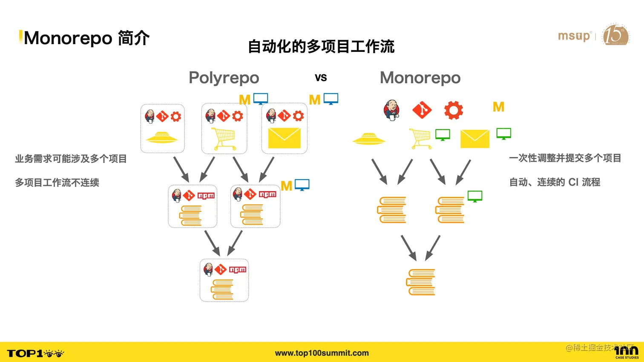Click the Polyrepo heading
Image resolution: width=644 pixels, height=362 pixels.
coord(224,78)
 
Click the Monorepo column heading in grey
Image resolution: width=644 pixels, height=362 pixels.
coord(420,78)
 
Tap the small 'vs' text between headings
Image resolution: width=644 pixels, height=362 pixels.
coord(321,78)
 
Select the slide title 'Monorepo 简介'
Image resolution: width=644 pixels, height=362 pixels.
coord(86,38)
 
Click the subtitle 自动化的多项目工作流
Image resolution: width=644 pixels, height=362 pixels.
coord(321,46)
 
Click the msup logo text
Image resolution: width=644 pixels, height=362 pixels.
coord(574,36)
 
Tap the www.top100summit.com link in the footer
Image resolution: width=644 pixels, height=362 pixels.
coord(322,353)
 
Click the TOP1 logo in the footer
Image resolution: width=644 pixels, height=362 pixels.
coord(35,353)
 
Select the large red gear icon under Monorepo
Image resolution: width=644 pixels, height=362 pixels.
coord(453,110)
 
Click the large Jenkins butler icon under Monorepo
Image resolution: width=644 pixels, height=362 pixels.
coord(392,110)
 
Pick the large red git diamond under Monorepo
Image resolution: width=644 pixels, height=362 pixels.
coord(422,110)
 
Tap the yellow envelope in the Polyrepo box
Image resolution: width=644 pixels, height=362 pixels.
coord(284,138)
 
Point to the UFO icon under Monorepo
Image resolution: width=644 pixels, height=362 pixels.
coord(369,139)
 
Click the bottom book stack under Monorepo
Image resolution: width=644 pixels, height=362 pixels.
coord(421,282)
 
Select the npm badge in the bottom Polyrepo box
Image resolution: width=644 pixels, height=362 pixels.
coord(238,269)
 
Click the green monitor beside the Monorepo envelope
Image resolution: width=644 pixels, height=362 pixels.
coord(504,134)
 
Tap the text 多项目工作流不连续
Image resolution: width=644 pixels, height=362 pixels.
coord(57,182)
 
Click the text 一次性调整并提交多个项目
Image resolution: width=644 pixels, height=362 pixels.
coord(565,158)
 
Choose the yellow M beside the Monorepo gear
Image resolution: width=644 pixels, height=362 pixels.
coord(498,107)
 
